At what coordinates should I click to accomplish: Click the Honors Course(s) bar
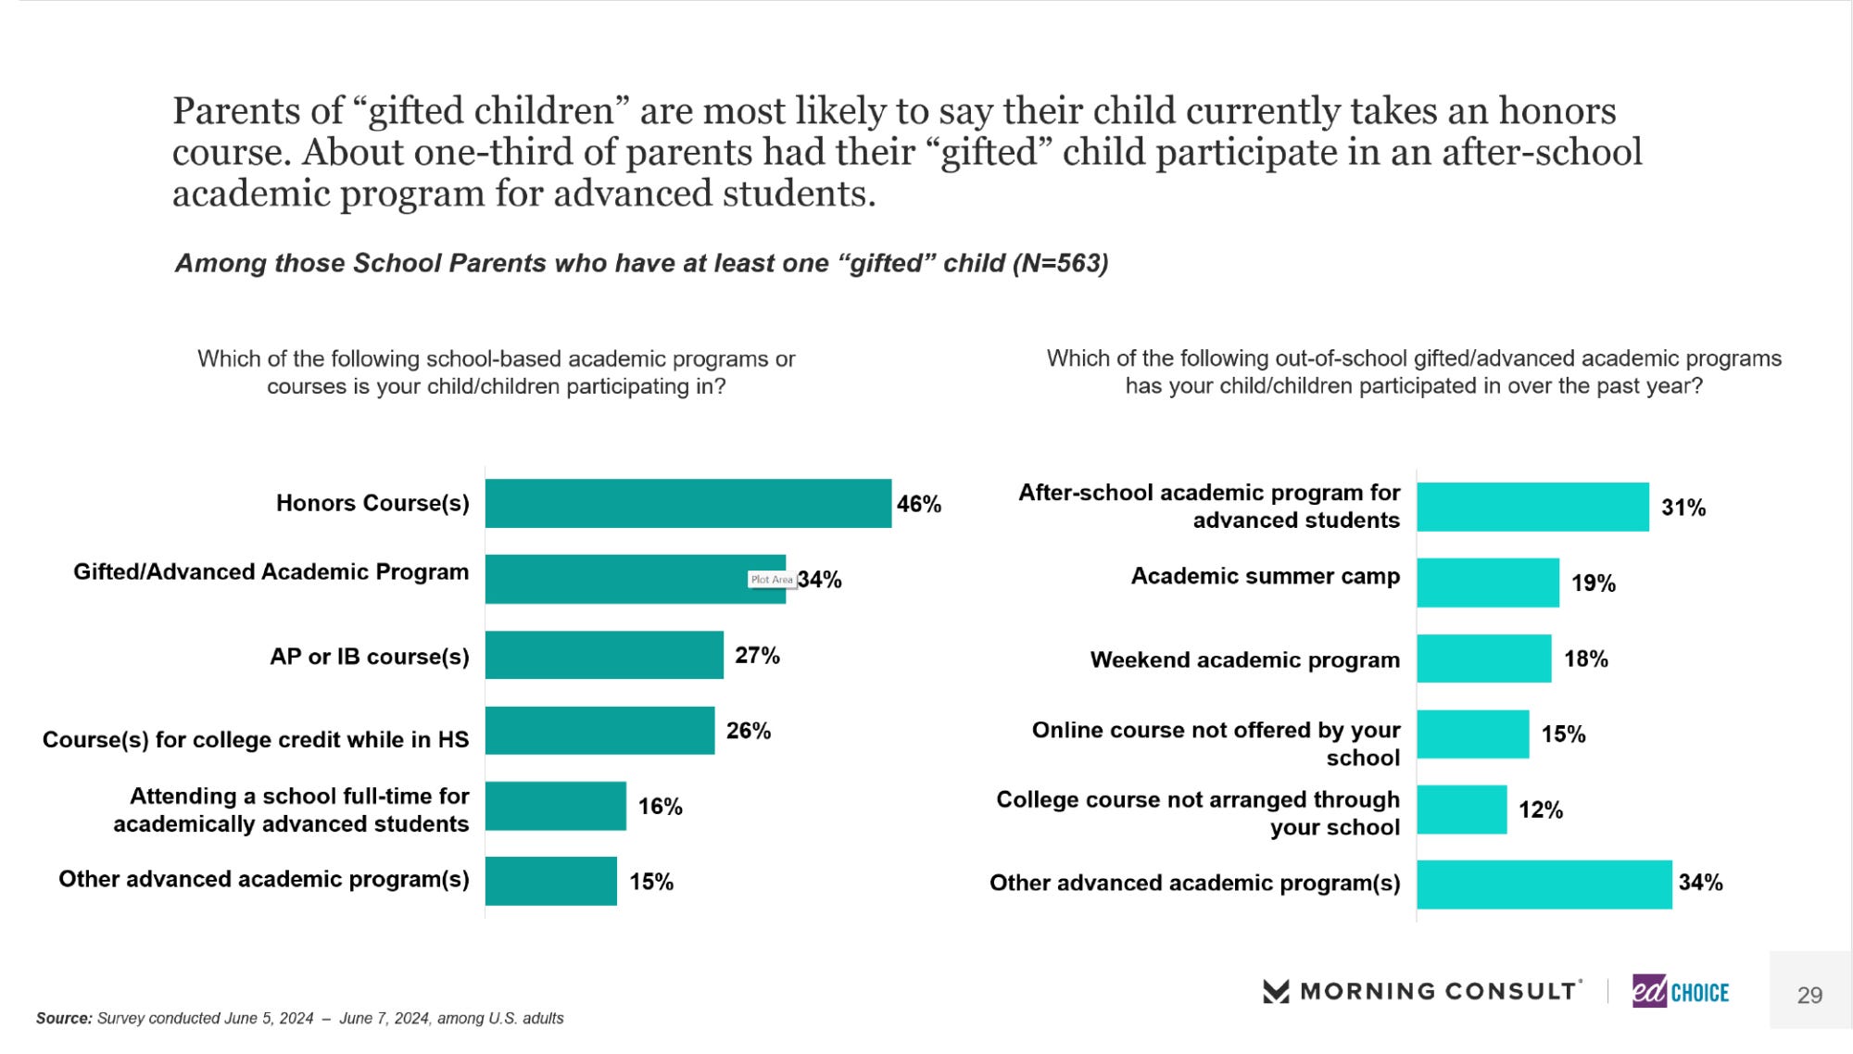click(x=687, y=503)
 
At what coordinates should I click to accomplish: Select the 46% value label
click(x=918, y=504)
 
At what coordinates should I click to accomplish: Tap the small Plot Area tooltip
click(x=772, y=580)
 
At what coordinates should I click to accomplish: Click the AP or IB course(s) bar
click(x=604, y=655)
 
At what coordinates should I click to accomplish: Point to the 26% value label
click(x=749, y=731)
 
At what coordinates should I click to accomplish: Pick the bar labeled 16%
click(x=555, y=806)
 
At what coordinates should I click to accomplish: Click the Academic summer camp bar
click(x=1487, y=583)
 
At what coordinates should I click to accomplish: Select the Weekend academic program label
click(x=1244, y=659)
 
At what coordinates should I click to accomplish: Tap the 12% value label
click(x=1540, y=810)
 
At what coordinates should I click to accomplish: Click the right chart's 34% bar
click(x=1544, y=885)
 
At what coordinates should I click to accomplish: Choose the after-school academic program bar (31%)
click(x=1532, y=507)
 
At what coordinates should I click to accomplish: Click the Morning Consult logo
click(x=1421, y=991)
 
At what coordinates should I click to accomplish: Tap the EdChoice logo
click(x=1680, y=992)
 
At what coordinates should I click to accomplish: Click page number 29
click(x=1809, y=995)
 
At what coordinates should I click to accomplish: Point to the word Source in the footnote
click(x=63, y=1018)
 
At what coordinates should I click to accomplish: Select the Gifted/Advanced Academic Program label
click(x=271, y=571)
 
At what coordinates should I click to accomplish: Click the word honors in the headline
click(x=1557, y=111)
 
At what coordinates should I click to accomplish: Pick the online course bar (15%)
click(x=1472, y=734)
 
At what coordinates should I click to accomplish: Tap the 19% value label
click(x=1593, y=583)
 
